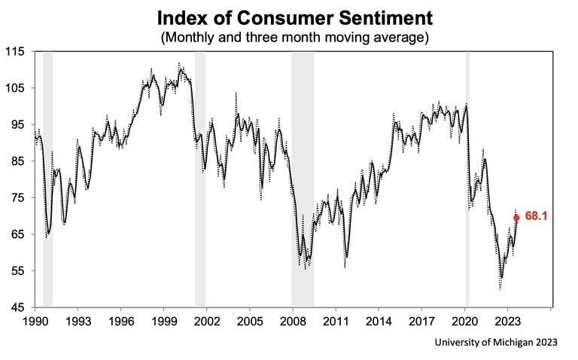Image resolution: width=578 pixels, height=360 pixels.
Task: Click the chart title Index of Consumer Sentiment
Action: (288, 17)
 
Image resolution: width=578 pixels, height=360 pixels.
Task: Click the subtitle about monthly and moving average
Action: (288, 36)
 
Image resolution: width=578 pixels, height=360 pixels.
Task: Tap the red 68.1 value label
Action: (535, 216)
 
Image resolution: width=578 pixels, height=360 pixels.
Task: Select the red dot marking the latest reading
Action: (516, 218)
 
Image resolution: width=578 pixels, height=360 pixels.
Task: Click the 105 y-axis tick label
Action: (15, 88)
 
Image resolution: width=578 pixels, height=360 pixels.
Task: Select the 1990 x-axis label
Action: (34, 320)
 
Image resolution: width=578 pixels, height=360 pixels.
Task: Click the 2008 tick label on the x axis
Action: (293, 320)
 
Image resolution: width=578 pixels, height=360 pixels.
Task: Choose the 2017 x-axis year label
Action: (422, 320)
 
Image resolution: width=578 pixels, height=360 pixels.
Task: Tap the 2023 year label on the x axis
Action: (508, 320)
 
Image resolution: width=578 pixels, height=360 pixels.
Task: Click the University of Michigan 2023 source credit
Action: (497, 343)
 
